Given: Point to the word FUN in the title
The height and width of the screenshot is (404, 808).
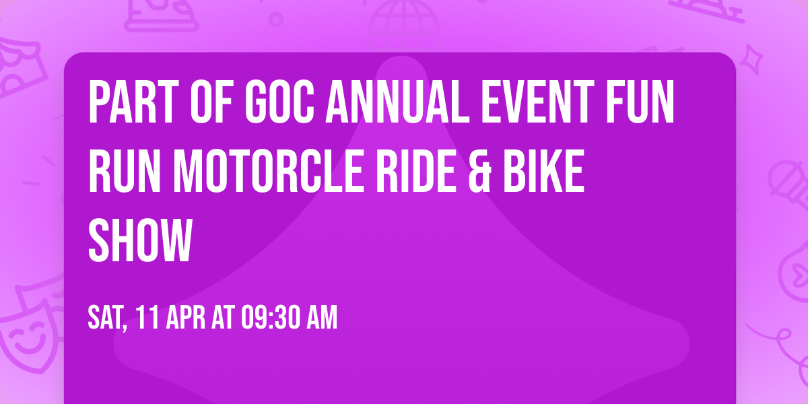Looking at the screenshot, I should pyautogui.click(x=647, y=102).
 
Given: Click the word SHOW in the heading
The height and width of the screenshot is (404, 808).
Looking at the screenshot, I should pyautogui.click(x=140, y=240).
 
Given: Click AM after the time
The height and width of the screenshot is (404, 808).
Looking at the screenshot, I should pyautogui.click(x=321, y=318).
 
